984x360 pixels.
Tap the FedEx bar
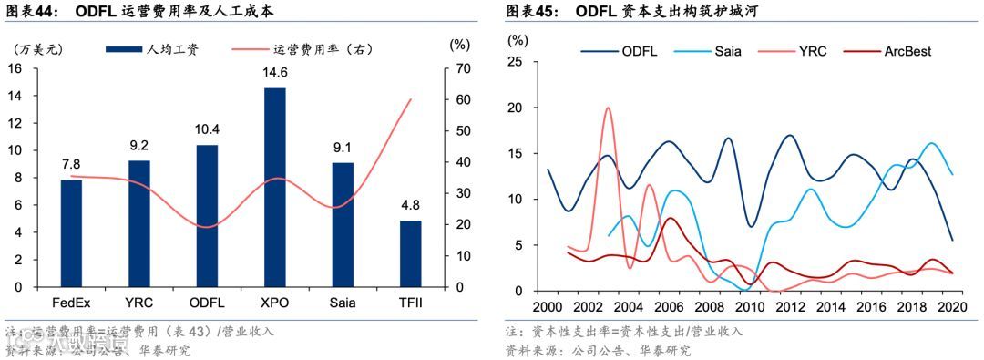71,232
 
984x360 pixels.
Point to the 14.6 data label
275,74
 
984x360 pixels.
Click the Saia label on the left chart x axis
343,302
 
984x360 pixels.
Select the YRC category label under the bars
139,302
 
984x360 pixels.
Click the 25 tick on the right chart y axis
516,62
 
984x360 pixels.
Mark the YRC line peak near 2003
608,108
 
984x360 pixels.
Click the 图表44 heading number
31,12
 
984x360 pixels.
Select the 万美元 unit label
35,46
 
